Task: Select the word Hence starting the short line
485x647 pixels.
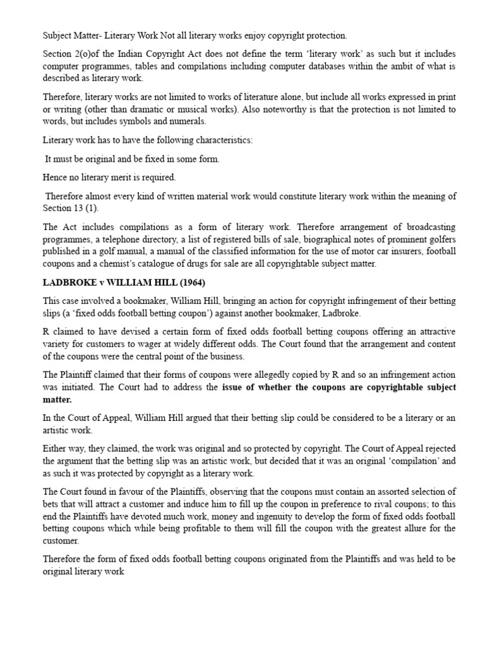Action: (55, 178)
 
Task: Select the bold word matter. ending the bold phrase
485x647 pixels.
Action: (57, 400)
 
